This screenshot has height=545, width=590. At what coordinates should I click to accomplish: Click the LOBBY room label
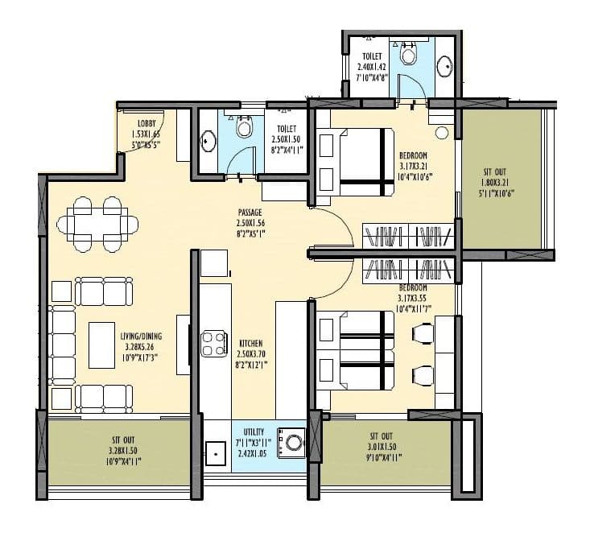click(x=151, y=113)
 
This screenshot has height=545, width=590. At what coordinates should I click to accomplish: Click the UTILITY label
click(x=254, y=431)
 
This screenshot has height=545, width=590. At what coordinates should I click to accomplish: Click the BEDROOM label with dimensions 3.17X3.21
click(x=413, y=155)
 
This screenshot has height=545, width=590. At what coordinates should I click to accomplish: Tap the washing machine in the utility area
click(x=291, y=442)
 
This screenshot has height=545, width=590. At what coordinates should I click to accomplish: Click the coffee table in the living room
click(x=101, y=344)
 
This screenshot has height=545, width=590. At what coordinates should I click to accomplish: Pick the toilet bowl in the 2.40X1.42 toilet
click(x=408, y=52)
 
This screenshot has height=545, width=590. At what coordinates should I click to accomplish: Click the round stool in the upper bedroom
click(x=442, y=132)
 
